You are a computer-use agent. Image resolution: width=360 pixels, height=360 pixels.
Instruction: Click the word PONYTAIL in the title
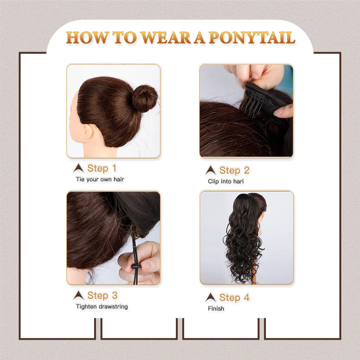(x=252, y=37)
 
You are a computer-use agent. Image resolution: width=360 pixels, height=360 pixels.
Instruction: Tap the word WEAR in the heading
(x=165, y=37)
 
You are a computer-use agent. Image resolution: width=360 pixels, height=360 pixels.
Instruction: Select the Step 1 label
(x=102, y=168)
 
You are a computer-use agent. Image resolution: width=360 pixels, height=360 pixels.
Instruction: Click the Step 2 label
(x=234, y=170)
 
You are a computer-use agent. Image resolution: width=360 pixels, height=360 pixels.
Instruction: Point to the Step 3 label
(x=102, y=295)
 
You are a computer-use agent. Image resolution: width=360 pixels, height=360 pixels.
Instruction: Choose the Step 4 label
(x=234, y=298)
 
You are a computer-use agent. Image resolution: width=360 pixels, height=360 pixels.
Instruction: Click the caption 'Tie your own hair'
(x=100, y=179)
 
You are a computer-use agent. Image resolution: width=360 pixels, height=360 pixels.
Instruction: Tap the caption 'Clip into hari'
(x=226, y=181)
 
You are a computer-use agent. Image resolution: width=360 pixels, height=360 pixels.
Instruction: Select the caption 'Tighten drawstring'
(x=102, y=307)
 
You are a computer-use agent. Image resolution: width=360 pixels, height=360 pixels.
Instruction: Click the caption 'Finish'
(x=216, y=309)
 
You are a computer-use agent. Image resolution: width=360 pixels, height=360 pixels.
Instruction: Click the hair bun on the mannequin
(x=145, y=98)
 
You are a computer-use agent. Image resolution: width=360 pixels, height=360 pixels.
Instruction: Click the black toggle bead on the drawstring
(x=136, y=266)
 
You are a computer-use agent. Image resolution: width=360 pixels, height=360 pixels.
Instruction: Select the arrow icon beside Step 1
(x=78, y=168)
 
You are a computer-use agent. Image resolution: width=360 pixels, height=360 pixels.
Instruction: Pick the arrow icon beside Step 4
(x=210, y=297)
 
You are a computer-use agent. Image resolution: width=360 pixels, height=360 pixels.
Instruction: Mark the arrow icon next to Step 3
(x=78, y=295)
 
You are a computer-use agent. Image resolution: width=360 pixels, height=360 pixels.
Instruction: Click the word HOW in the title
(x=87, y=37)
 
